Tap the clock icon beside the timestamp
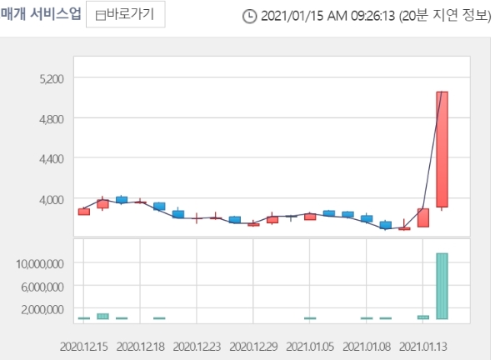coord(249,16)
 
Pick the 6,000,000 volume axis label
coord(39,287)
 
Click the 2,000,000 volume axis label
coord(39,309)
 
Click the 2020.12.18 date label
coord(142,344)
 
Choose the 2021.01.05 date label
coord(311,344)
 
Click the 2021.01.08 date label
coord(367,344)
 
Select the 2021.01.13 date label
coord(423,344)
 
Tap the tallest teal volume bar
coord(442,286)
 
